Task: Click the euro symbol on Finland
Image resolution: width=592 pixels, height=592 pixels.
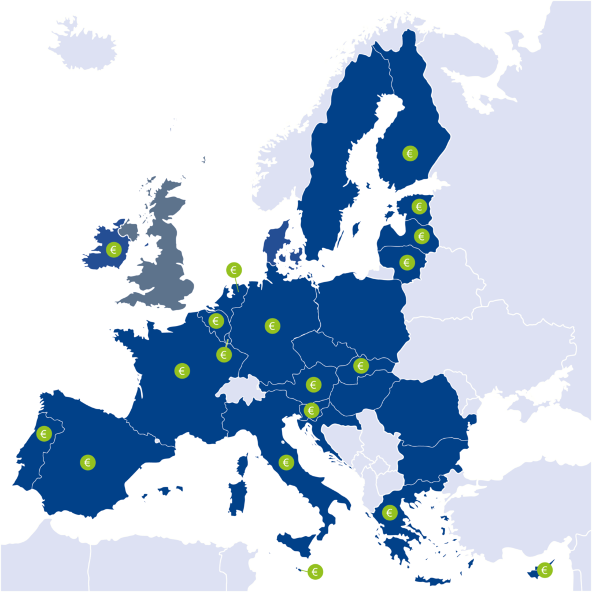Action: click(x=410, y=153)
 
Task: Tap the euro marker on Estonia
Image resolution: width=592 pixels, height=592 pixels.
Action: click(x=419, y=206)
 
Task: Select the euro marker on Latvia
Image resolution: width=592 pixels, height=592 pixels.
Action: click(x=421, y=236)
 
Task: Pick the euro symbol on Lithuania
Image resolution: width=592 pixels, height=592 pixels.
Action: click(x=407, y=262)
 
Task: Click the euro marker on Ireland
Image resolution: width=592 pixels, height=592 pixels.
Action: click(x=113, y=250)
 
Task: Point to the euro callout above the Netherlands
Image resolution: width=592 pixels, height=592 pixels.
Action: click(x=234, y=269)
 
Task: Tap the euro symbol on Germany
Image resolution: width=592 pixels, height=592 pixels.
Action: click(x=272, y=325)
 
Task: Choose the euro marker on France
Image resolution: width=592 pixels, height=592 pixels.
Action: click(x=182, y=371)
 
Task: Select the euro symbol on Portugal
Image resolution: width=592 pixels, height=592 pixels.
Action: click(x=43, y=433)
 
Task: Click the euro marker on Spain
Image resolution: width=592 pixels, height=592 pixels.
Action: click(x=88, y=462)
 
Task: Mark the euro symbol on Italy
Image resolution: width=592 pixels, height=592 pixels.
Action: click(x=286, y=462)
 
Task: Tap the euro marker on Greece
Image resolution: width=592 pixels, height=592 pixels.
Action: click(x=389, y=512)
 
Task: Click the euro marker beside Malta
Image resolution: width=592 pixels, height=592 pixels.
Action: click(x=315, y=572)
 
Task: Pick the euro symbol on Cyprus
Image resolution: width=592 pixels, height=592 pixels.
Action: click(x=544, y=570)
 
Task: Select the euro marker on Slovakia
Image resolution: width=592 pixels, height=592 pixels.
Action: click(x=360, y=365)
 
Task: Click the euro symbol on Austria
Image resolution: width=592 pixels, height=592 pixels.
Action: click(x=313, y=384)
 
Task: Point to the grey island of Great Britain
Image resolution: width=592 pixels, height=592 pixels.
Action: click(x=165, y=254)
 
